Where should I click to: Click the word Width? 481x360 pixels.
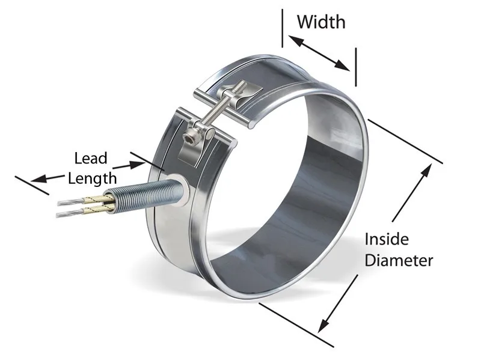click(x=321, y=22)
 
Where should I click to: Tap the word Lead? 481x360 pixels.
click(x=90, y=159)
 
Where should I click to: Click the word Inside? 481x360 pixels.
click(x=387, y=239)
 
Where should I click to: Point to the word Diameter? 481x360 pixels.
click(x=399, y=260)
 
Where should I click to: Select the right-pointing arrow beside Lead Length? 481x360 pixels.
click(x=129, y=163)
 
